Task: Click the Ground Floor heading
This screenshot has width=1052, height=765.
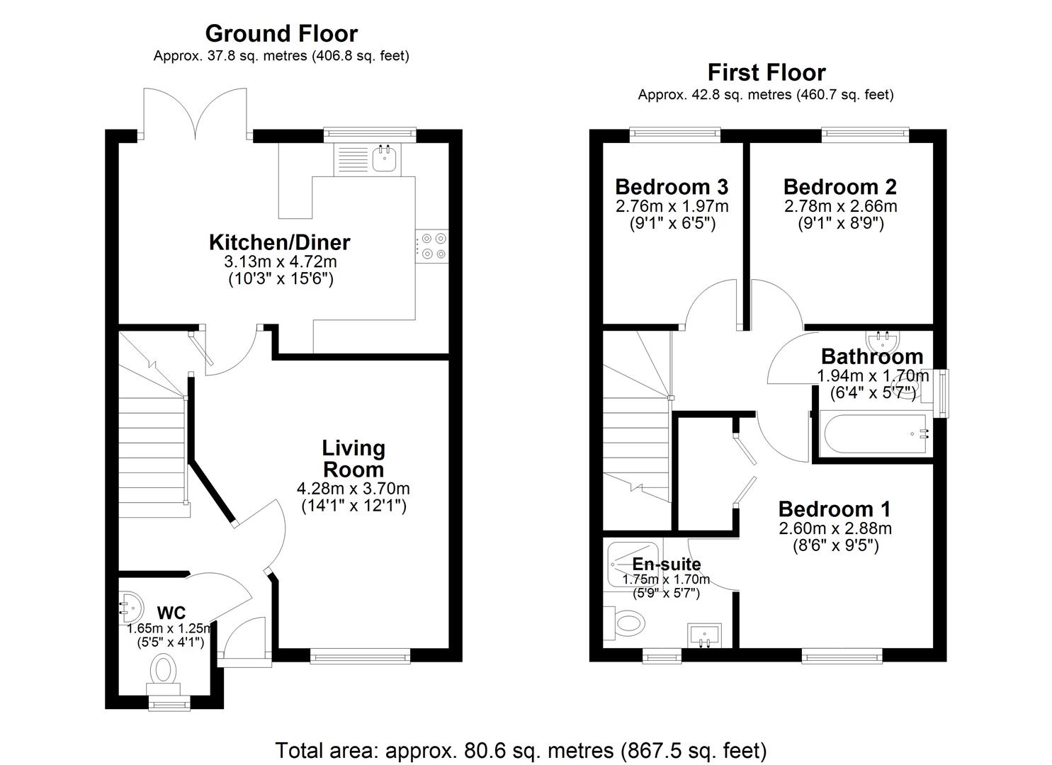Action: click(281, 33)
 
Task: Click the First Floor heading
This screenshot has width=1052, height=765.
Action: click(766, 72)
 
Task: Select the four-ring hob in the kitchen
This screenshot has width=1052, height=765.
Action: click(431, 246)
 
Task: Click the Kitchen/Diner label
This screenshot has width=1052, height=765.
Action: click(279, 242)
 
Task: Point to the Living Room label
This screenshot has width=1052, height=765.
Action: click(353, 458)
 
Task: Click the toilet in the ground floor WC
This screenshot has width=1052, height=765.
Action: click(164, 671)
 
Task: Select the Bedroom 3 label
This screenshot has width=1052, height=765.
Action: click(671, 187)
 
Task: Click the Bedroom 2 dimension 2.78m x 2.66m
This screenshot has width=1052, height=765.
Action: click(839, 206)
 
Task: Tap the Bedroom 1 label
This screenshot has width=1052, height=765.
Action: click(834, 509)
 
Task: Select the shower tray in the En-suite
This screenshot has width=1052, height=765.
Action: click(635, 563)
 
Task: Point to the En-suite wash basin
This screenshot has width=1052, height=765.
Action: click(703, 635)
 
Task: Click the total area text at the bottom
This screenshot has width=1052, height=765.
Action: click(521, 749)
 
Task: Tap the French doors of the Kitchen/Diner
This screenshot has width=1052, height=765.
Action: click(196, 112)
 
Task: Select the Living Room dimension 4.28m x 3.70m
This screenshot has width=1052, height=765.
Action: click(353, 488)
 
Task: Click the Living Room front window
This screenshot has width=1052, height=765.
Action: click(361, 657)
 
